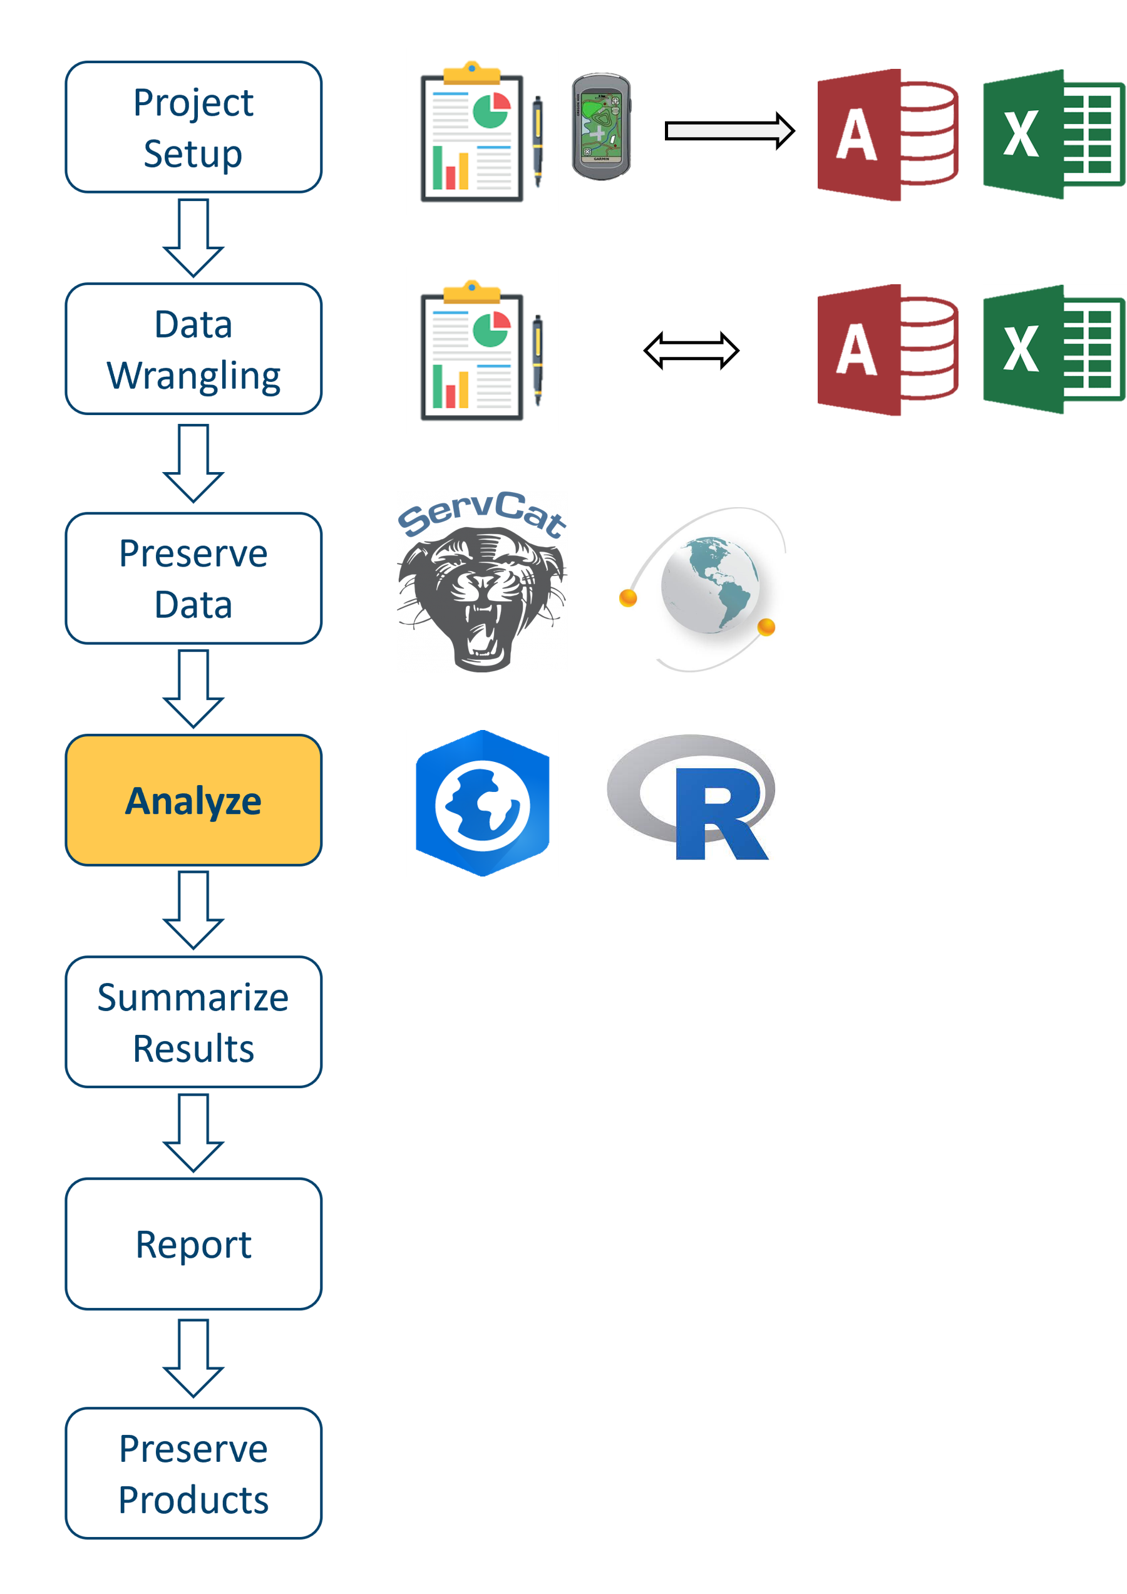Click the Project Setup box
tap(193, 127)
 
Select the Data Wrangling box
tap(193, 349)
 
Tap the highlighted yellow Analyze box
tap(193, 800)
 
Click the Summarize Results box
tap(193, 1022)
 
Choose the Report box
tap(193, 1244)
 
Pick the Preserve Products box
tap(193, 1473)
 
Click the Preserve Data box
tap(193, 578)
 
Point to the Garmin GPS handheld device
tap(600, 126)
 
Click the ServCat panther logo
tap(482, 582)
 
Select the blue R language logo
tap(691, 797)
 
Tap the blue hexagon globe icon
tap(482, 803)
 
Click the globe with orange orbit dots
tap(703, 589)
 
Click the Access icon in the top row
tap(887, 135)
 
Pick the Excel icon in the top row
tap(1053, 135)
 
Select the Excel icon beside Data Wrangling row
tap(1053, 350)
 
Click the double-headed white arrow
tap(691, 351)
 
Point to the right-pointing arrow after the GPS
tap(728, 130)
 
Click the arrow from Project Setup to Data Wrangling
tap(193, 237)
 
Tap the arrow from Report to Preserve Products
tap(193, 1358)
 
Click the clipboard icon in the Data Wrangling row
tap(482, 351)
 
